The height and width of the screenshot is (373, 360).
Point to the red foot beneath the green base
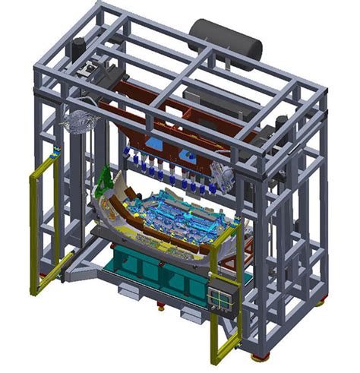(x=160, y=309)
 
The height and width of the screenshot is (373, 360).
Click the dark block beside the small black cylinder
(x=99, y=68)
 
